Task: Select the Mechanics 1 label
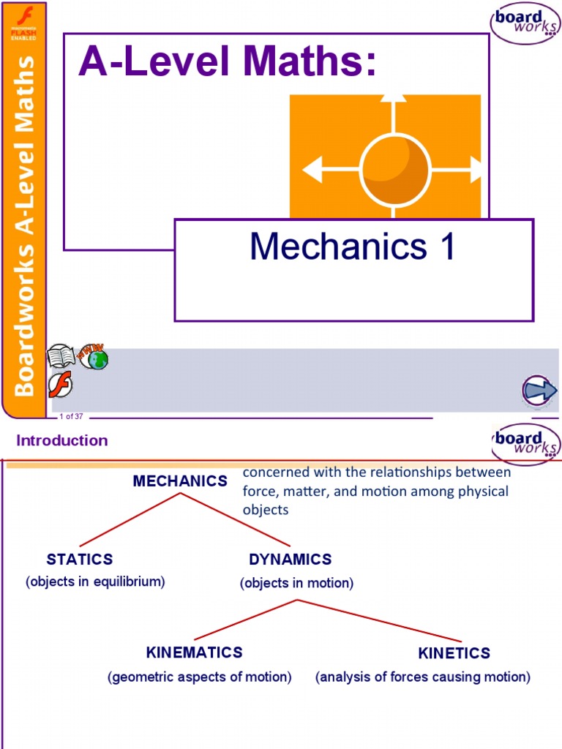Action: click(x=353, y=247)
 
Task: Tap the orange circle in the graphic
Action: click(x=396, y=170)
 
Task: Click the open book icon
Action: click(x=61, y=357)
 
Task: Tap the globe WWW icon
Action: click(x=94, y=356)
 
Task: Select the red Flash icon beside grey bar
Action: click(x=60, y=385)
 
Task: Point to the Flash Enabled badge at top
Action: click(x=23, y=22)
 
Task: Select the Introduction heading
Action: click(x=62, y=440)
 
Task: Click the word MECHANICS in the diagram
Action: click(x=180, y=481)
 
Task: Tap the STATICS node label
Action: click(x=80, y=560)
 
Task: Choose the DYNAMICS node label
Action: click(x=291, y=560)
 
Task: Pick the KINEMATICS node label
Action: click(x=194, y=652)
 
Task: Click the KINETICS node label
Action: click(x=454, y=653)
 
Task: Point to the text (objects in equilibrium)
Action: click(x=95, y=582)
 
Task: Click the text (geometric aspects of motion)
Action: click(x=200, y=677)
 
